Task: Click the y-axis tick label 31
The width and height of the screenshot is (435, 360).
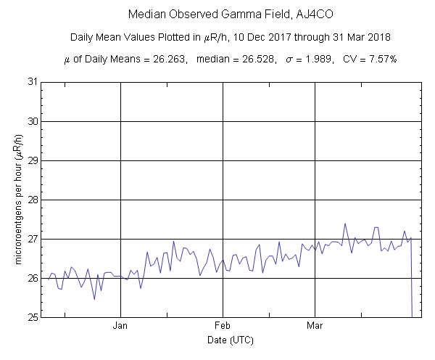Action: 33,81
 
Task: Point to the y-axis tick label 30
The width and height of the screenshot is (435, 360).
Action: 33,120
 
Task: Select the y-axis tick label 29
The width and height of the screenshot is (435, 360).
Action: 33,160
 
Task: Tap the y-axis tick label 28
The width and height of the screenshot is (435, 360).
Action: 33,199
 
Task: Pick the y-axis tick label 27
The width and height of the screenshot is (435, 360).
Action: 33,239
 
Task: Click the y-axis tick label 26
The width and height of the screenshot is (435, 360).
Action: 33,278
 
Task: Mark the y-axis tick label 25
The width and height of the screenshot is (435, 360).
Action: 33,317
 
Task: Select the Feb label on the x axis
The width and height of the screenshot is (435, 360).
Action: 223,326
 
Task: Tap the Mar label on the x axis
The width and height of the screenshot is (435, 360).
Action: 315,326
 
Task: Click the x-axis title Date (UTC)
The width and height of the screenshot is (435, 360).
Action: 230,340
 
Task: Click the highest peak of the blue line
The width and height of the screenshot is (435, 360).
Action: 345,224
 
